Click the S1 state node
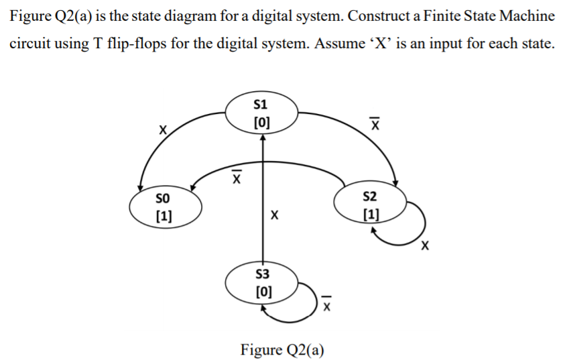pyautogui.click(x=262, y=113)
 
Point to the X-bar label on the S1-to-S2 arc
pyautogui.click(x=376, y=124)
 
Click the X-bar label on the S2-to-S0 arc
pyautogui.click(x=236, y=177)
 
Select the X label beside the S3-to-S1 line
pyautogui.click(x=273, y=216)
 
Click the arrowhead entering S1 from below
pyautogui.click(x=263, y=137)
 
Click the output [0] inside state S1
pyautogui.click(x=262, y=122)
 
